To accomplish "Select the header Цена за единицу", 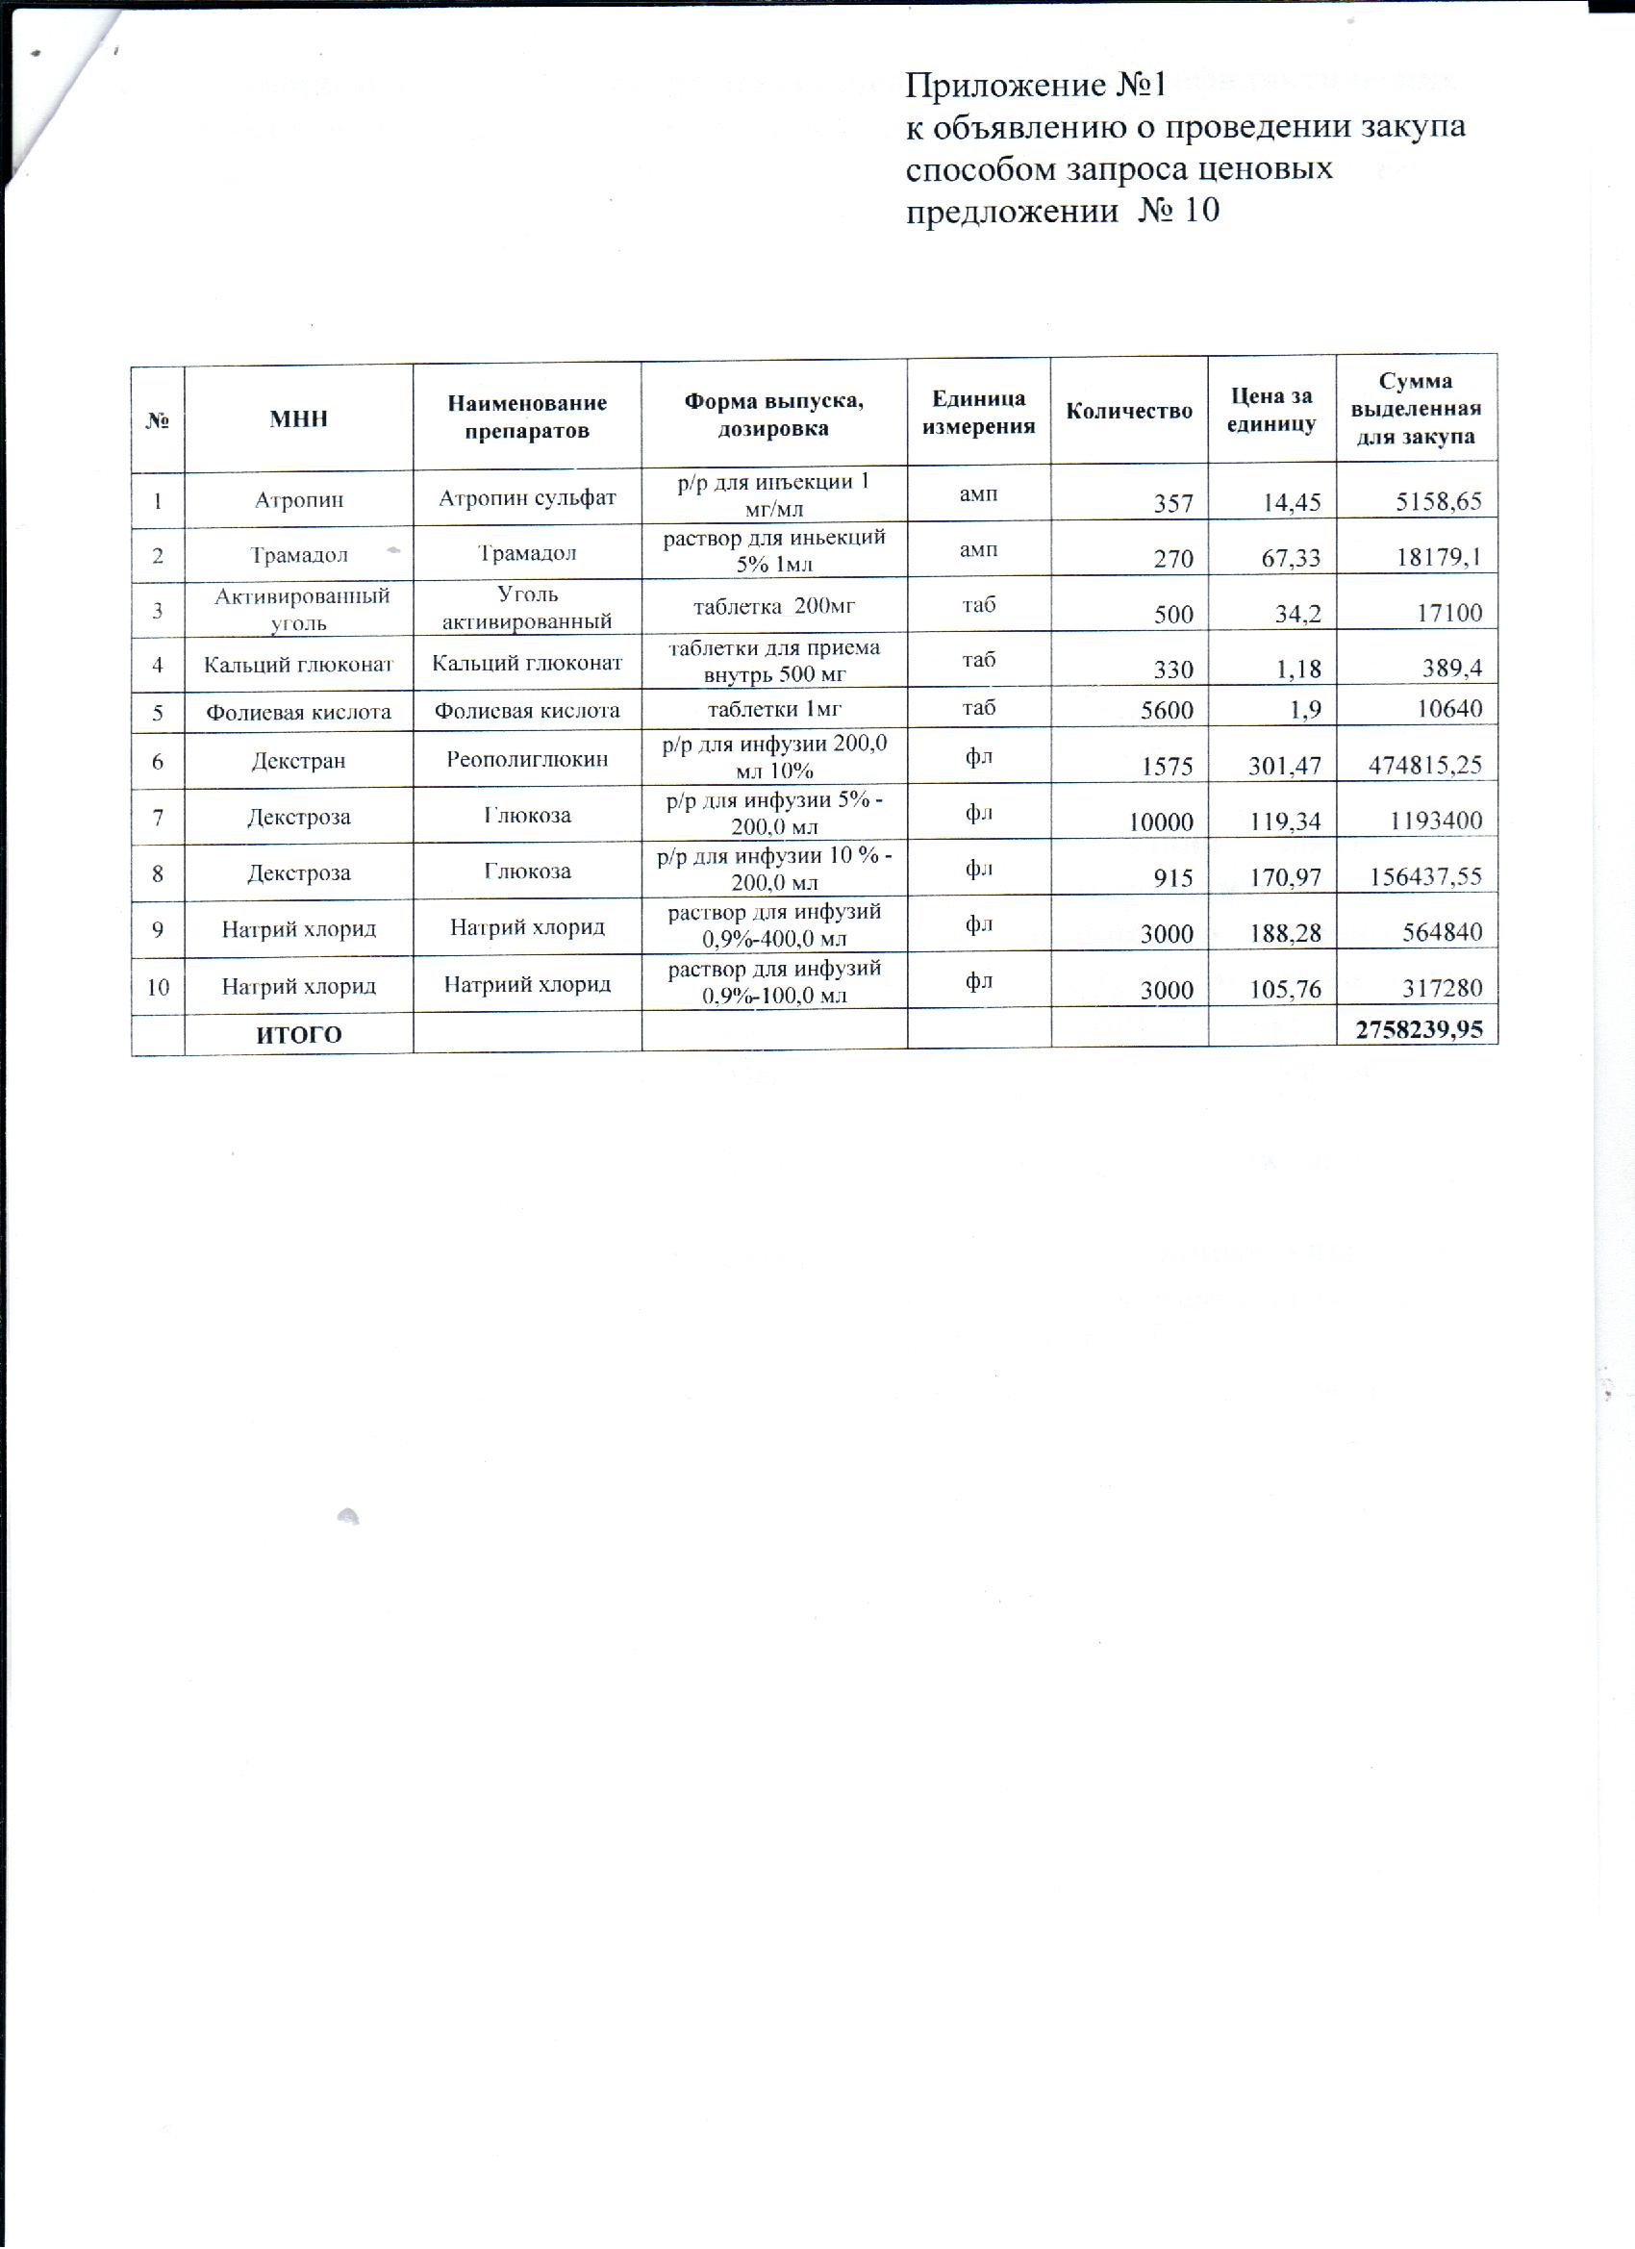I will pos(1271,411).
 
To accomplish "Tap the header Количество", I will pos(1128,412).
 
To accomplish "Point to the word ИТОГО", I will pos(298,1035).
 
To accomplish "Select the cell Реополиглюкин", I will pos(526,761).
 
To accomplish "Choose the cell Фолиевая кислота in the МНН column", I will pos(298,712).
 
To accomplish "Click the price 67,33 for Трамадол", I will pos(1291,558).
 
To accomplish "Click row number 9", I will pos(158,930).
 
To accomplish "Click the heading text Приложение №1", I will pos(1034,87).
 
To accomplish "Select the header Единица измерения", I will pos(979,413).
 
